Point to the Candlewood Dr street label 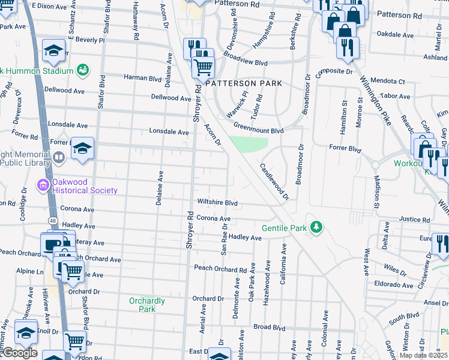point(274,181)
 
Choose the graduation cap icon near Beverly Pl point(54,51)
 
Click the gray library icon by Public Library point(59,158)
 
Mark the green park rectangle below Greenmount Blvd point(249,145)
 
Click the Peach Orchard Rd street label point(220,269)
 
